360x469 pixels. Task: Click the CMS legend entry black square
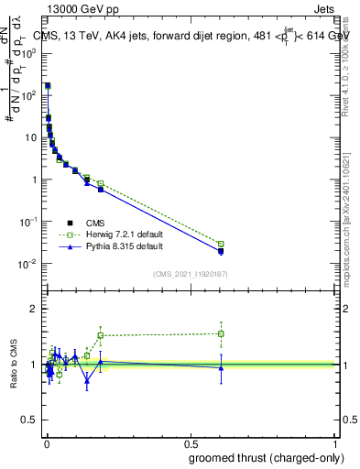(x=71, y=223)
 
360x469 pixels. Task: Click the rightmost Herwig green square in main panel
(x=221, y=245)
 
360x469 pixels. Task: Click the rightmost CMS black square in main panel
(x=221, y=250)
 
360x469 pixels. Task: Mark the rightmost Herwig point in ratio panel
(x=221, y=333)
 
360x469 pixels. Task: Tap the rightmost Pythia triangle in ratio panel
(x=221, y=368)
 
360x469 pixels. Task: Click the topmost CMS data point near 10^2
(x=48, y=85)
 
